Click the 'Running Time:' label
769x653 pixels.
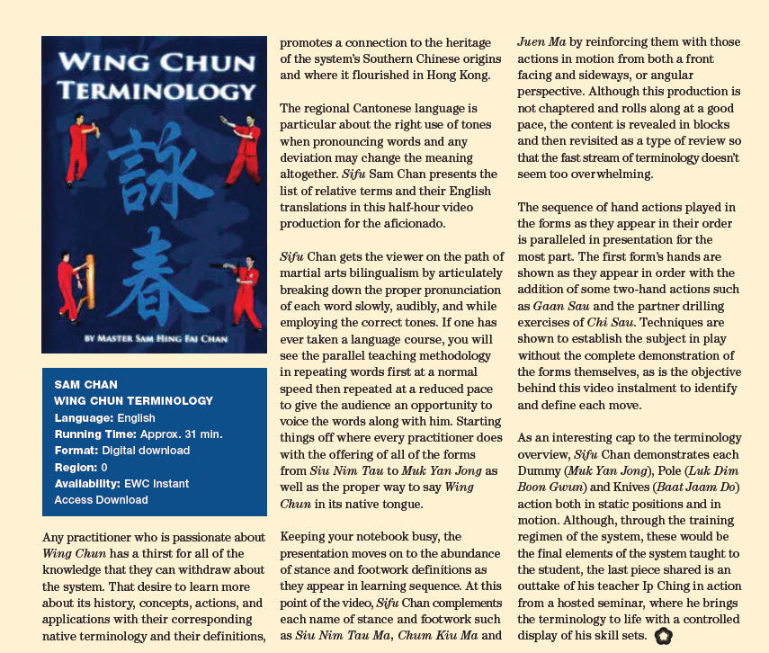coord(94,434)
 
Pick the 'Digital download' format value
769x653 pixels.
coord(146,450)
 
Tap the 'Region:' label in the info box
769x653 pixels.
coord(76,467)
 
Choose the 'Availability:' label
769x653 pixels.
coord(88,483)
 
